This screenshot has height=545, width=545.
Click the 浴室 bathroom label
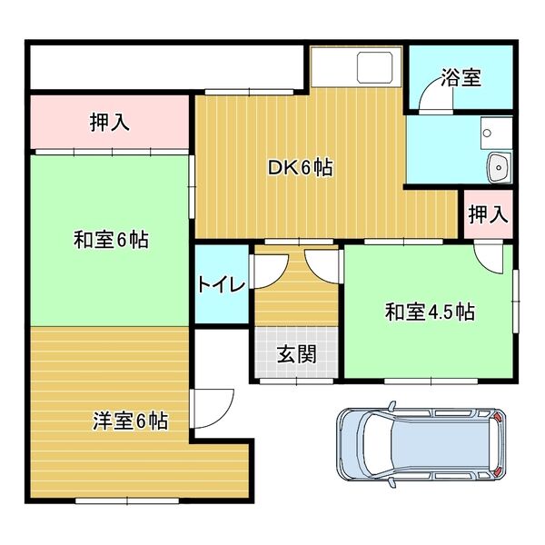point(461,78)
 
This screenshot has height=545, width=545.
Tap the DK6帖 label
point(299,167)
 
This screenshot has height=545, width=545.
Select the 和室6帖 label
point(111,241)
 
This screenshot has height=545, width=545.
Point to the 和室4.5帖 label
point(430,312)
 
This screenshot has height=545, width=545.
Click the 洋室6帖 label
point(130,421)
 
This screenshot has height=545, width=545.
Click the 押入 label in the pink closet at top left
point(109,123)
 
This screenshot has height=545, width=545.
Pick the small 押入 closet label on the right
point(487,215)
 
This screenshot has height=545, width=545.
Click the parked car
point(419,445)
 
